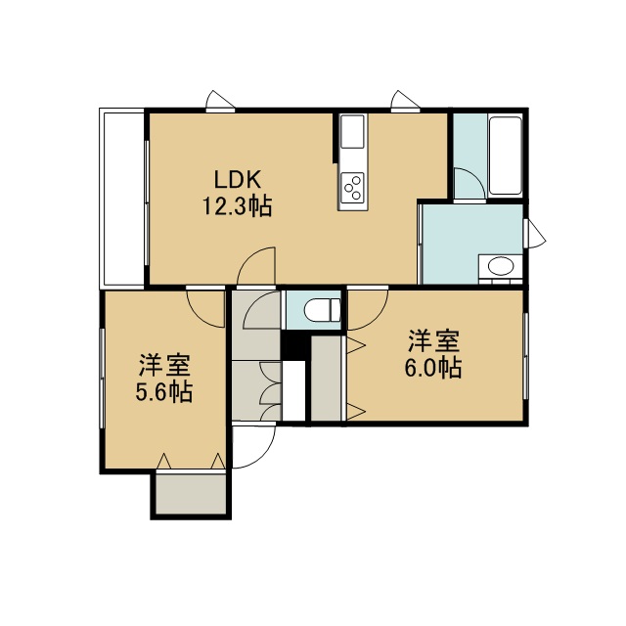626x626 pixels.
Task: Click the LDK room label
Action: [x=238, y=180]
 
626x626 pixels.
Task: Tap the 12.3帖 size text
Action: [x=238, y=206]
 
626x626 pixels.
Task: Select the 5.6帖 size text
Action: [x=164, y=391]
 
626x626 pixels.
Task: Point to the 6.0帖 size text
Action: [x=433, y=368]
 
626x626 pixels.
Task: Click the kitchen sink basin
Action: [x=352, y=131]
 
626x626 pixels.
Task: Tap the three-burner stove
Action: [x=352, y=188]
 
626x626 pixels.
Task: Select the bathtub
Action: [x=505, y=156]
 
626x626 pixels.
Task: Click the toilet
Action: [x=323, y=310]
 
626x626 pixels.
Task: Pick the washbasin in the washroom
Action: [x=500, y=266]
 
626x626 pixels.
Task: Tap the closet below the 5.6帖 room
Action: [x=191, y=494]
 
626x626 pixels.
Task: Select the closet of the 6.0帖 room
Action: [x=326, y=379]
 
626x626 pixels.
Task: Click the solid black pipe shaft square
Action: [x=293, y=345]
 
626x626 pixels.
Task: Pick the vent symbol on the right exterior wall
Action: [x=536, y=235]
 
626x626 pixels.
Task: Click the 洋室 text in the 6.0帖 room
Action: [x=433, y=340]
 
